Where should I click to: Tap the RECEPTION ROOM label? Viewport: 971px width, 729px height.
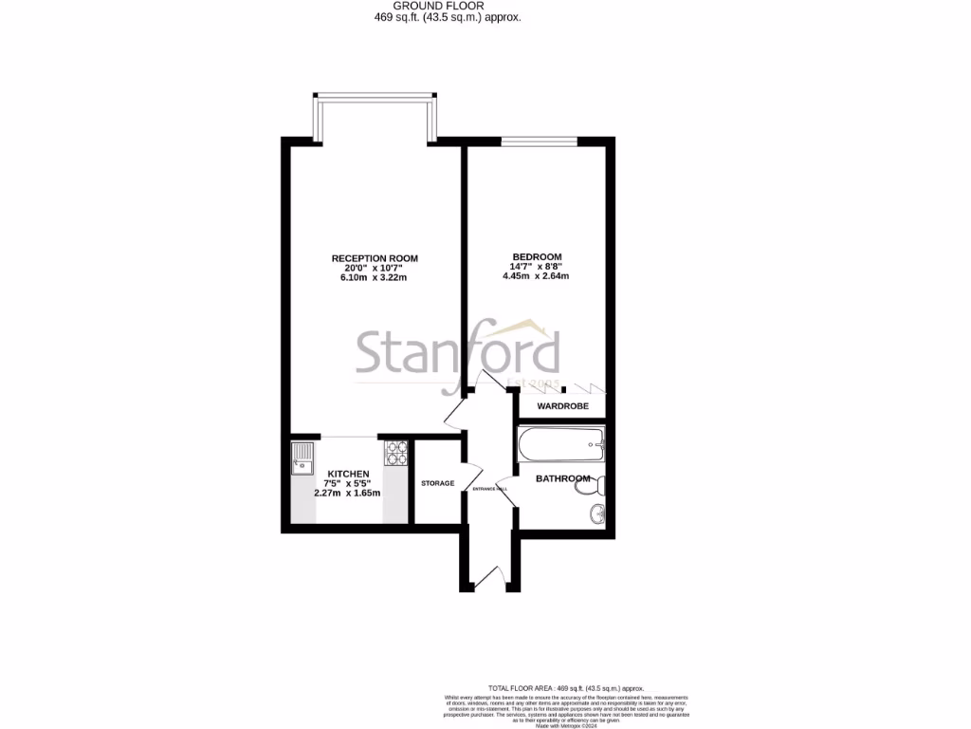[x=375, y=258]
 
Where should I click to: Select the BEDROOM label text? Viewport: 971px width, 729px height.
[x=537, y=257]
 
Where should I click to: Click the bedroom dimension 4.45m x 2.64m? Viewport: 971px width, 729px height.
[x=537, y=277]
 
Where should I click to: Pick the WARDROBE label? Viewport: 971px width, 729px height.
[x=563, y=406]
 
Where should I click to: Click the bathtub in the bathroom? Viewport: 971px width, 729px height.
[x=560, y=442]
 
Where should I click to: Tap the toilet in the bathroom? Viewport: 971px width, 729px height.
[x=595, y=486]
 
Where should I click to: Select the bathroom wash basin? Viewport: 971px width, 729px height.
[x=596, y=515]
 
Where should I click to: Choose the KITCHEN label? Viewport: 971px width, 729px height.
[x=348, y=474]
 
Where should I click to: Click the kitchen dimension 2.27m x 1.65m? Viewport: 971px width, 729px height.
[x=348, y=494]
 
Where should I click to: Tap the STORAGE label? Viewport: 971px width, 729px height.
[x=437, y=484]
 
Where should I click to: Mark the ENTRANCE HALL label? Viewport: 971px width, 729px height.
[x=490, y=489]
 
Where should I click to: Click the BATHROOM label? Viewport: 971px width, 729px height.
[x=562, y=478]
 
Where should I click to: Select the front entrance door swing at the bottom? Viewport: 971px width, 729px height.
[x=490, y=575]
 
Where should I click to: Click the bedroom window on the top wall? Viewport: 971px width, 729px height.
[x=539, y=141]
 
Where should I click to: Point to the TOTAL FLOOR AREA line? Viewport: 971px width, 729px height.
[x=566, y=688]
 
